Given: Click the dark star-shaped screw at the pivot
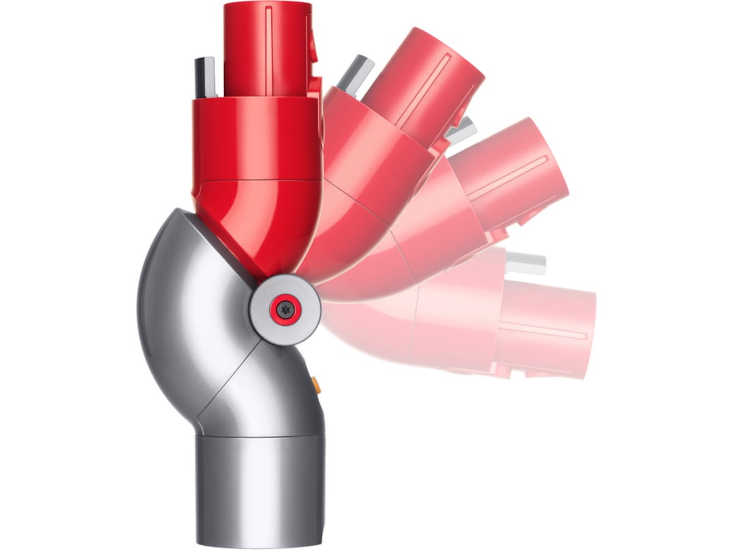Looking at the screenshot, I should coord(285,310).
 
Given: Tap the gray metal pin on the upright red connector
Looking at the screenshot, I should coord(205,76).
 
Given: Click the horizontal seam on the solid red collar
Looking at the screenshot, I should coord(257,181).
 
